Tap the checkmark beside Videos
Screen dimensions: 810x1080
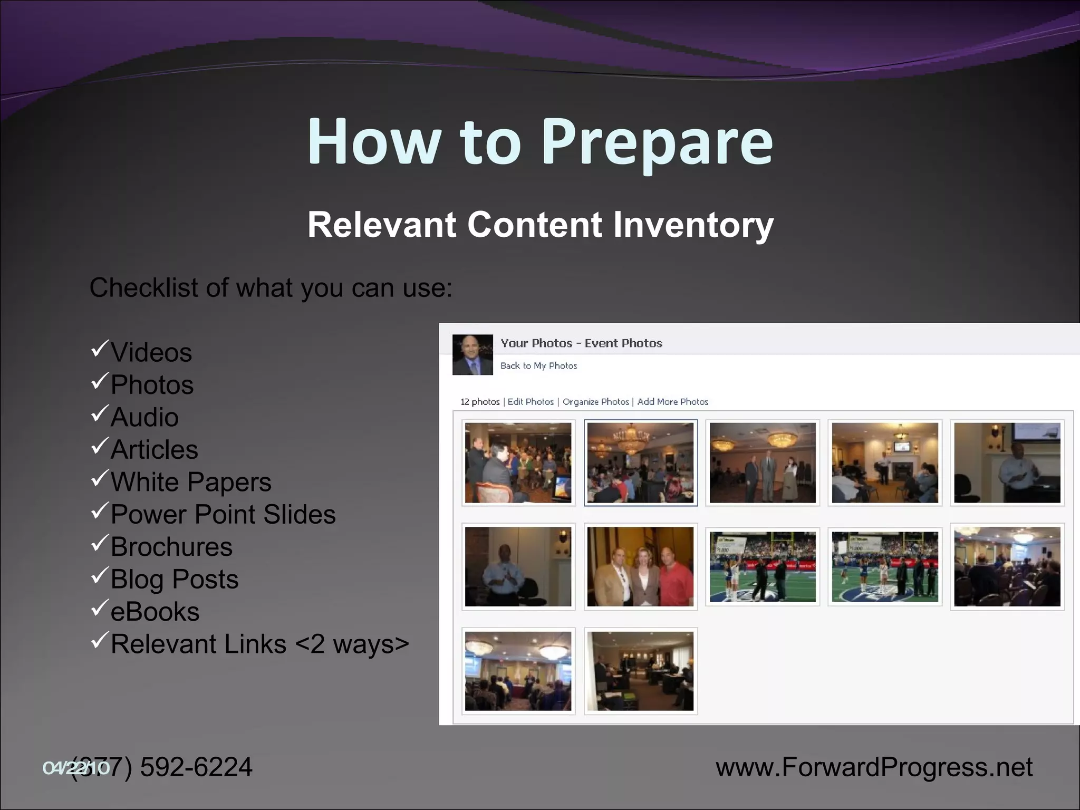pyautogui.click(x=99, y=349)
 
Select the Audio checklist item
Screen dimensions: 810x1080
pyautogui.click(x=144, y=417)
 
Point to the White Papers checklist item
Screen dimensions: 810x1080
pyautogui.click(x=191, y=482)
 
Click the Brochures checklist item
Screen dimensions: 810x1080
pyautogui.click(x=171, y=547)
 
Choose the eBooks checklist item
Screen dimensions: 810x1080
pyautogui.click(x=155, y=612)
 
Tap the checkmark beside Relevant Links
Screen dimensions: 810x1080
pyautogui.click(x=99, y=640)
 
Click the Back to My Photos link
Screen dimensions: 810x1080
pyautogui.click(x=538, y=365)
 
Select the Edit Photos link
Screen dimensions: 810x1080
pyautogui.click(x=531, y=402)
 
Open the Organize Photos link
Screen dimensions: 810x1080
pyautogui.click(x=595, y=402)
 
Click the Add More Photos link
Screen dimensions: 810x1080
pyautogui.click(x=672, y=402)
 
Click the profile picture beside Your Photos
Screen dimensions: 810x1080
pyautogui.click(x=472, y=355)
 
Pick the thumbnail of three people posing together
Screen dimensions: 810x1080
pyautogui.click(x=640, y=567)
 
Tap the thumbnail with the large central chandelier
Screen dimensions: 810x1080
pyautogui.click(x=640, y=462)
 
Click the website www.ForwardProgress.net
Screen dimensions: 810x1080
pyautogui.click(x=874, y=767)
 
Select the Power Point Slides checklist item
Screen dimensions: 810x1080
pyautogui.click(x=223, y=515)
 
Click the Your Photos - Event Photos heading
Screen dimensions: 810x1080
pyautogui.click(x=581, y=343)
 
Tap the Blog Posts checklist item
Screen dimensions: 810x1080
pyautogui.click(x=175, y=580)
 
